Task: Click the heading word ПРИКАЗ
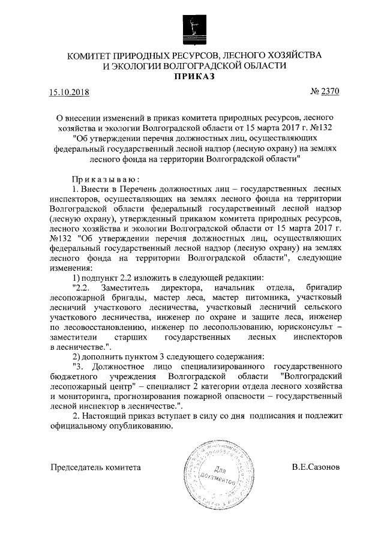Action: tap(192, 76)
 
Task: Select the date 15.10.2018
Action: tap(68, 92)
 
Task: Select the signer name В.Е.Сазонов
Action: tap(315, 467)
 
